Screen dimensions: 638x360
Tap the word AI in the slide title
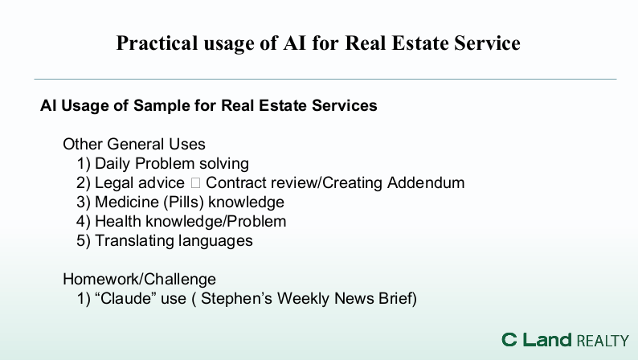294,43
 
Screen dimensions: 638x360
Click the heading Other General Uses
134,144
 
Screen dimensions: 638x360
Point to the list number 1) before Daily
84,163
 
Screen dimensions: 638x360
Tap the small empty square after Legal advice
195,183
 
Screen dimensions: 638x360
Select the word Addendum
426,182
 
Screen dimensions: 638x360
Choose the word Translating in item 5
134,241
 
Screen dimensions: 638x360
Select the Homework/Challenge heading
139,280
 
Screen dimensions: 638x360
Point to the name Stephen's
236,299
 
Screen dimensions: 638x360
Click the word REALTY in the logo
603,341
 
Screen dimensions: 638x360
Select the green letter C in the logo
509,340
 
